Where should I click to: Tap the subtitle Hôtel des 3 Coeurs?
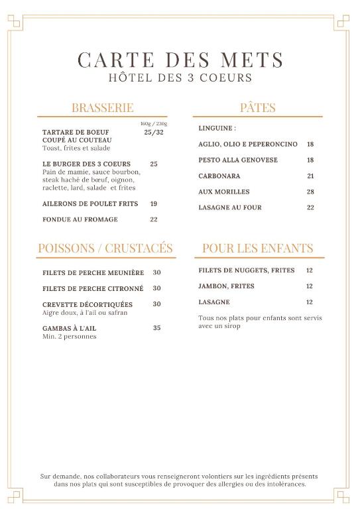coord(180,78)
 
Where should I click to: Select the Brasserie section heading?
coord(102,107)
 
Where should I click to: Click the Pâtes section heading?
coord(257,107)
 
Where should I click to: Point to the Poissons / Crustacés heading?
coord(105,248)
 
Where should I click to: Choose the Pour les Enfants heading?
coord(257,248)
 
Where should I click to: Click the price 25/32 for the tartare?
coord(153,132)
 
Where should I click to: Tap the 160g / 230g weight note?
coord(153,123)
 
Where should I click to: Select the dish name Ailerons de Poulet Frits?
coord(90,203)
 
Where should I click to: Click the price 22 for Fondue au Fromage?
coord(153,219)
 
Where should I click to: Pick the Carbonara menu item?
coord(219,176)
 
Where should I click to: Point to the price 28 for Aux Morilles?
coord(310,192)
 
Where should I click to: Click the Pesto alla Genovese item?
coord(237,160)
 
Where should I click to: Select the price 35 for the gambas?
coord(156,327)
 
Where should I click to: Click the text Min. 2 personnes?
coord(69,336)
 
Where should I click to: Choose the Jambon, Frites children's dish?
coord(226,286)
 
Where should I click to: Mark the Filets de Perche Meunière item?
coord(93,272)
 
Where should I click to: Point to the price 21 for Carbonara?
coord(310,176)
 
